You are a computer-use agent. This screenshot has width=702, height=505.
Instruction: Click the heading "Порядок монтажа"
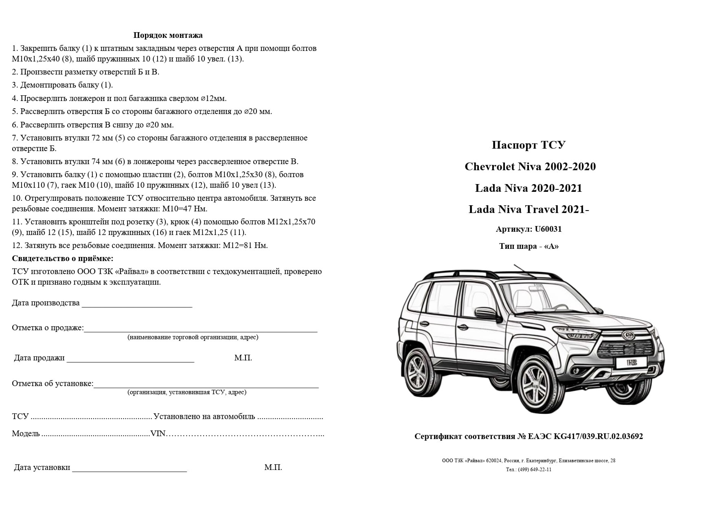168,35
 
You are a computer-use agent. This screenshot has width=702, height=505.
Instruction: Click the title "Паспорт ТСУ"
529,145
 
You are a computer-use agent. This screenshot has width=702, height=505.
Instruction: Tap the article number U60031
548,229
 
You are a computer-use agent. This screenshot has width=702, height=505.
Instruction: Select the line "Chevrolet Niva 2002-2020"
530,167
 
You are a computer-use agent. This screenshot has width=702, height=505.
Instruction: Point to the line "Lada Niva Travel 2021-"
529,209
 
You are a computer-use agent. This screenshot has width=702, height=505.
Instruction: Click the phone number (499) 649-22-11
534,470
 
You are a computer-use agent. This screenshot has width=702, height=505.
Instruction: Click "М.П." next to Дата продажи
243,358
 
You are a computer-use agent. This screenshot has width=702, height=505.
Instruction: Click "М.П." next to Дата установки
273,468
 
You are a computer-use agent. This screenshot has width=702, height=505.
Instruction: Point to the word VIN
158,433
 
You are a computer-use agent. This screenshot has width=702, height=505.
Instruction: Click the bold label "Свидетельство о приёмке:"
63,259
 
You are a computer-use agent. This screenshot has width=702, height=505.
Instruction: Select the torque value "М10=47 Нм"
185,209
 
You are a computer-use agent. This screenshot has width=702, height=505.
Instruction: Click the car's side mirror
486,313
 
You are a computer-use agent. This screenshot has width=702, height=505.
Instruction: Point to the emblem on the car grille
628,335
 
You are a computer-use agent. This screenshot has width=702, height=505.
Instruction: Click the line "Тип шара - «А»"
529,246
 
